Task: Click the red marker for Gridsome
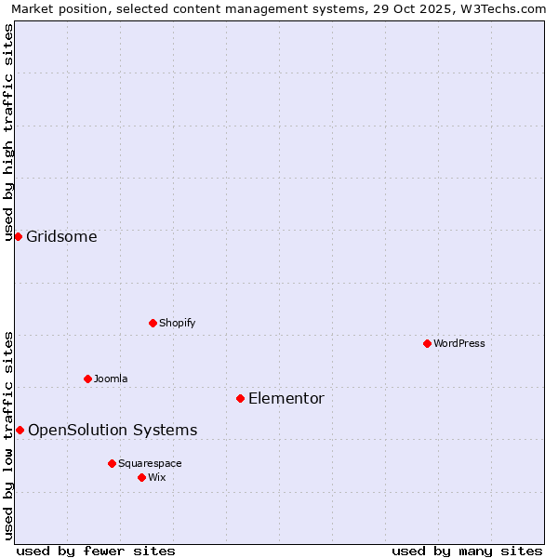point(18,236)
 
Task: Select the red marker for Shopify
point(153,323)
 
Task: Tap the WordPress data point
point(427,343)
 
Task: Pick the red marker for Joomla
point(87,379)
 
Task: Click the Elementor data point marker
point(240,398)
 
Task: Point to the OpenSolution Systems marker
point(20,430)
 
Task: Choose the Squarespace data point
point(112,463)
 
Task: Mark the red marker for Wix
point(141,477)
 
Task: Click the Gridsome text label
point(61,236)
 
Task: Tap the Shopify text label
point(177,323)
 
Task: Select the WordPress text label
point(458,343)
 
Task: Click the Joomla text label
point(111,379)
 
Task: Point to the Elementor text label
point(286,398)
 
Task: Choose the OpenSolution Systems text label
point(113,430)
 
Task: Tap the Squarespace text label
point(150,463)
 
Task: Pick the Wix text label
point(157,477)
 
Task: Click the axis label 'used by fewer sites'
point(96,551)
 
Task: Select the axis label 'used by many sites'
point(467,551)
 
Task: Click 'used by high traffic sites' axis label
point(8,132)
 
